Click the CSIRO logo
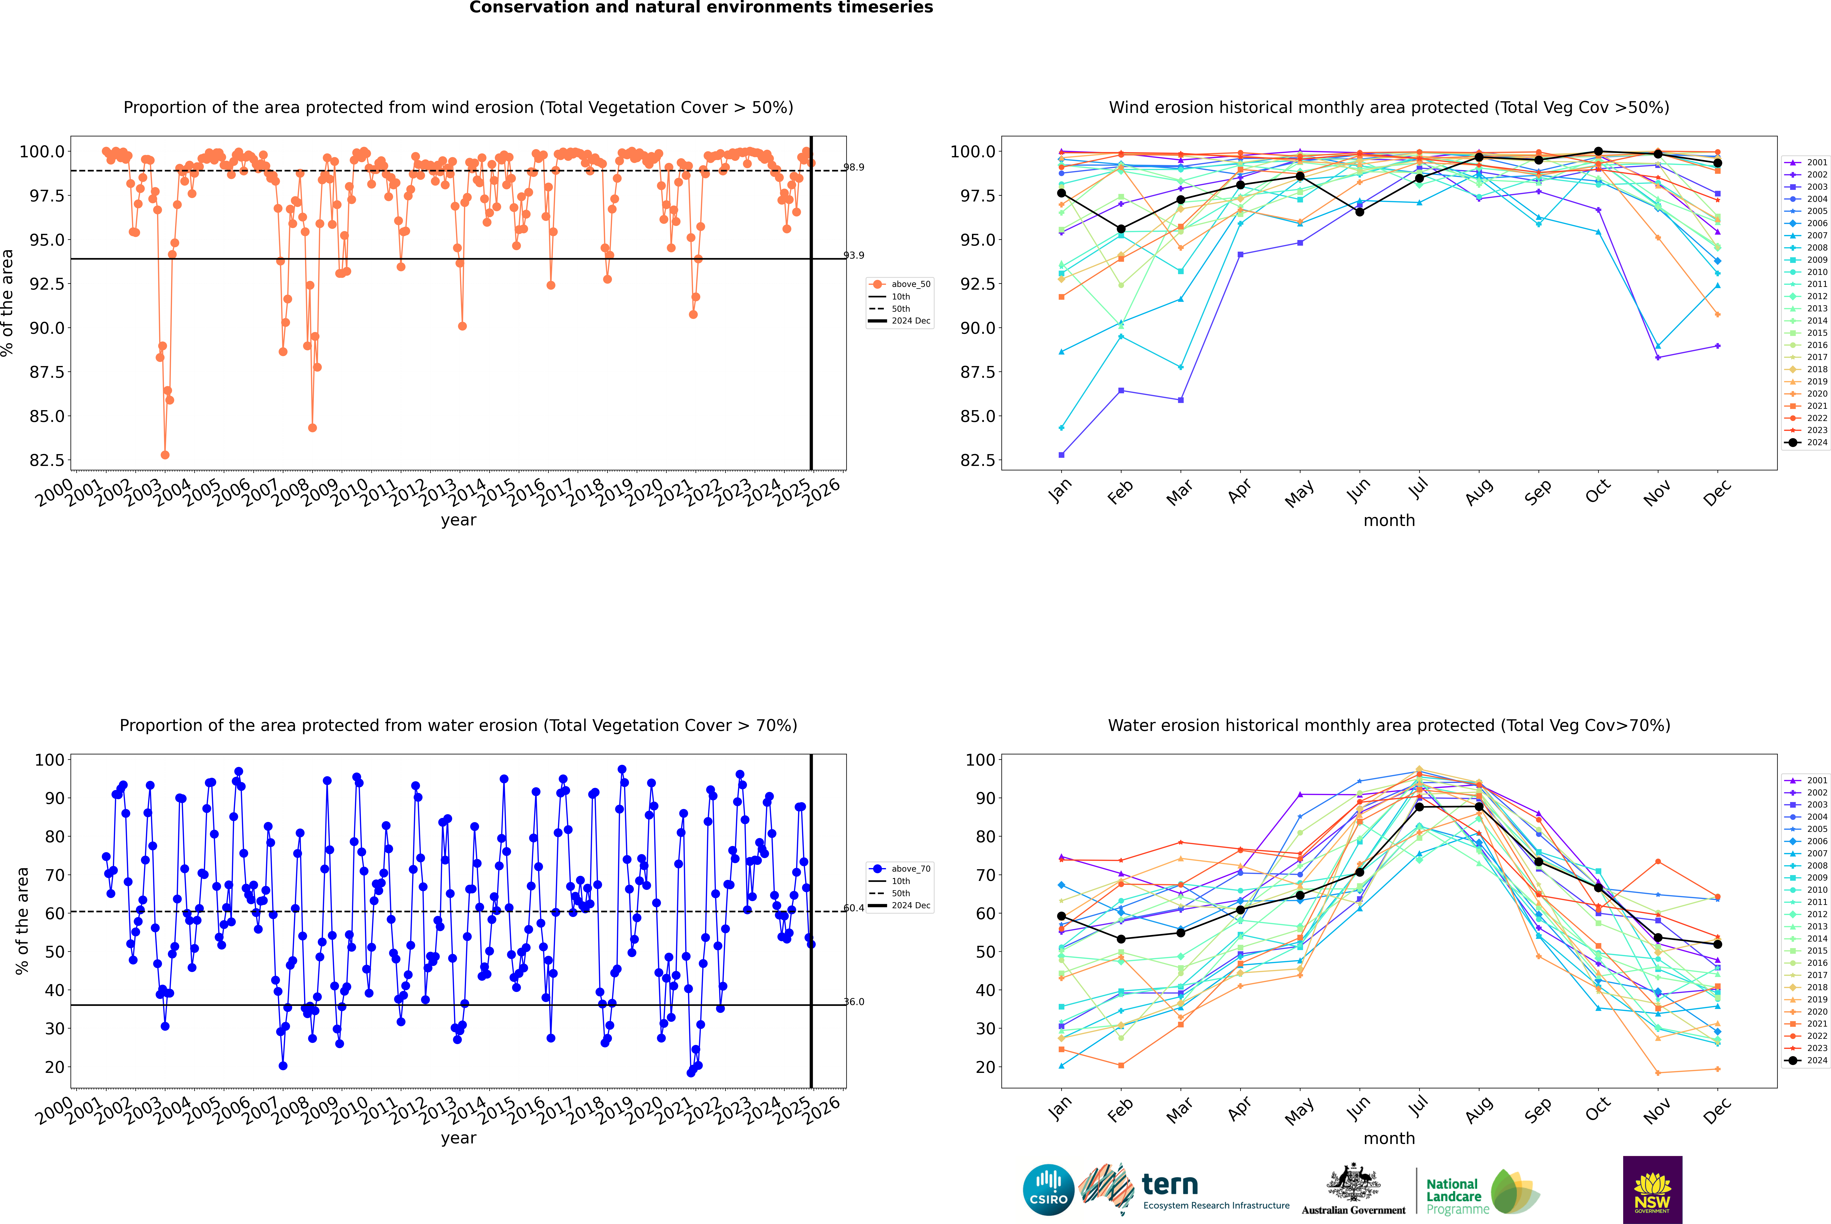pyautogui.click(x=1048, y=1190)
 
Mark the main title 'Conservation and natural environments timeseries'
pyautogui.click(x=701, y=8)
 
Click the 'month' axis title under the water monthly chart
pyautogui.click(x=1389, y=1138)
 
